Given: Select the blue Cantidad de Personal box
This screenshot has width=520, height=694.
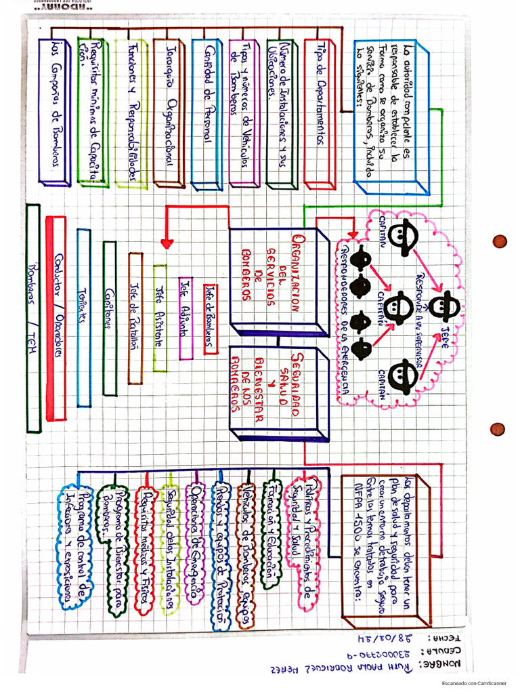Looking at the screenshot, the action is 206,113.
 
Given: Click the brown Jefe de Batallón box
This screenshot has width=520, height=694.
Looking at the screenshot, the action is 135,317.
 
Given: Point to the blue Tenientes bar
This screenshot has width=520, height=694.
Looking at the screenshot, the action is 83,317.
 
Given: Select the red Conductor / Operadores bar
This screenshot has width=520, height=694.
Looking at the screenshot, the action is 58,317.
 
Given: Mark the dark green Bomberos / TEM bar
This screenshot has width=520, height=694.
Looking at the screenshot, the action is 33,317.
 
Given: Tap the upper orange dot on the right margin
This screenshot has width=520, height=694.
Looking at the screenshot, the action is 500,241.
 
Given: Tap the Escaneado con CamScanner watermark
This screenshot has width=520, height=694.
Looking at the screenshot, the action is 479,683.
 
